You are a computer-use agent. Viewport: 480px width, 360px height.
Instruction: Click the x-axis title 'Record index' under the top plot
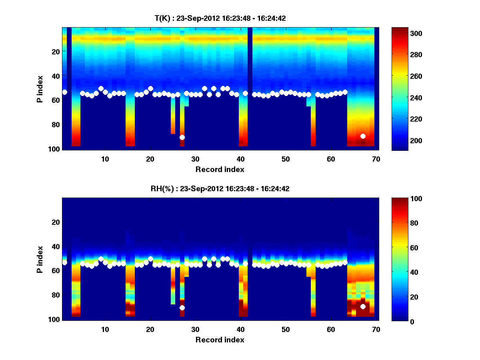coord(220,169)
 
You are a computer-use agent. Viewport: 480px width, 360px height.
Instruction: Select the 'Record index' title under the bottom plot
coord(220,340)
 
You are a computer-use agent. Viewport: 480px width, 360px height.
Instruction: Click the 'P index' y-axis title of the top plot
coord(40,89)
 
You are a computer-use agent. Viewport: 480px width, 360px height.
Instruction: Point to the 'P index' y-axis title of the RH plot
coord(40,259)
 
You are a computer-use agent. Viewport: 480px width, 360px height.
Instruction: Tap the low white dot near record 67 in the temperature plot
coord(363,136)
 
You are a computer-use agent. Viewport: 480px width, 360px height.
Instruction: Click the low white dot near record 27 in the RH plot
coord(182,308)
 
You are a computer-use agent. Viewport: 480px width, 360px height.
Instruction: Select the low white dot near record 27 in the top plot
coord(182,137)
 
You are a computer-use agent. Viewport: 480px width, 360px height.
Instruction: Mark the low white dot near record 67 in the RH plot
coord(363,306)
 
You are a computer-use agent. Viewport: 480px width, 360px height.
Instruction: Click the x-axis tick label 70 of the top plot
coord(376,159)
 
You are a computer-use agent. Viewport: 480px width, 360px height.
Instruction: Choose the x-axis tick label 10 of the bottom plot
coord(105,329)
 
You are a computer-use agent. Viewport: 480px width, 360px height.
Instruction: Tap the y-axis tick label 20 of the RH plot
coord(55,222)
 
